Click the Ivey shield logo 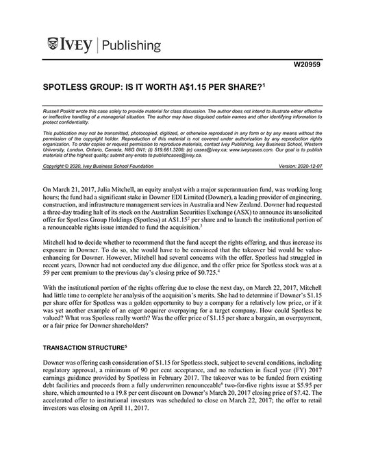tap(54, 45)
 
